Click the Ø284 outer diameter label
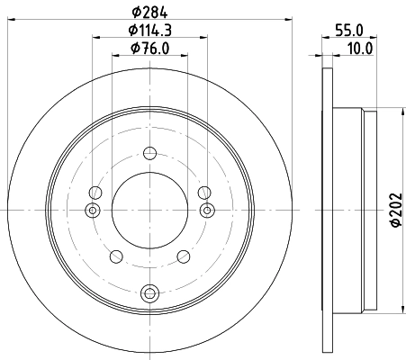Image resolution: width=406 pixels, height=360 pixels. click(x=149, y=11)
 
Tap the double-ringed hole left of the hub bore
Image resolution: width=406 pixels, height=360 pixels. click(x=91, y=211)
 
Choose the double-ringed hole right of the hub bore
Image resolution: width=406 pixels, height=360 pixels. click(x=206, y=211)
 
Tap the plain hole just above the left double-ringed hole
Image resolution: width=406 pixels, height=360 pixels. click(x=95, y=191)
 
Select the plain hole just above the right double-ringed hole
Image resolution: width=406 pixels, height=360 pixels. click(x=203, y=191)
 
